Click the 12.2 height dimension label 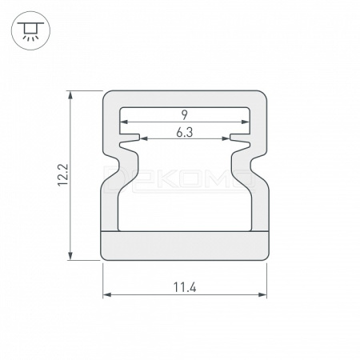[x=63, y=175]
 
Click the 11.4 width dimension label [x=185, y=287]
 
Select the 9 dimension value [x=185, y=115]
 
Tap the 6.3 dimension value [x=185, y=133]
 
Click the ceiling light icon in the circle [x=30, y=30]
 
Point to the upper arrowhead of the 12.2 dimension [x=70, y=95]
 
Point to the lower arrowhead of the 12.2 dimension [x=70, y=256]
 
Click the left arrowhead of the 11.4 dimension [x=107, y=294]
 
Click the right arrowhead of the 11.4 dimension [x=262, y=294]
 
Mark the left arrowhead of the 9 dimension [x=124, y=122]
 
